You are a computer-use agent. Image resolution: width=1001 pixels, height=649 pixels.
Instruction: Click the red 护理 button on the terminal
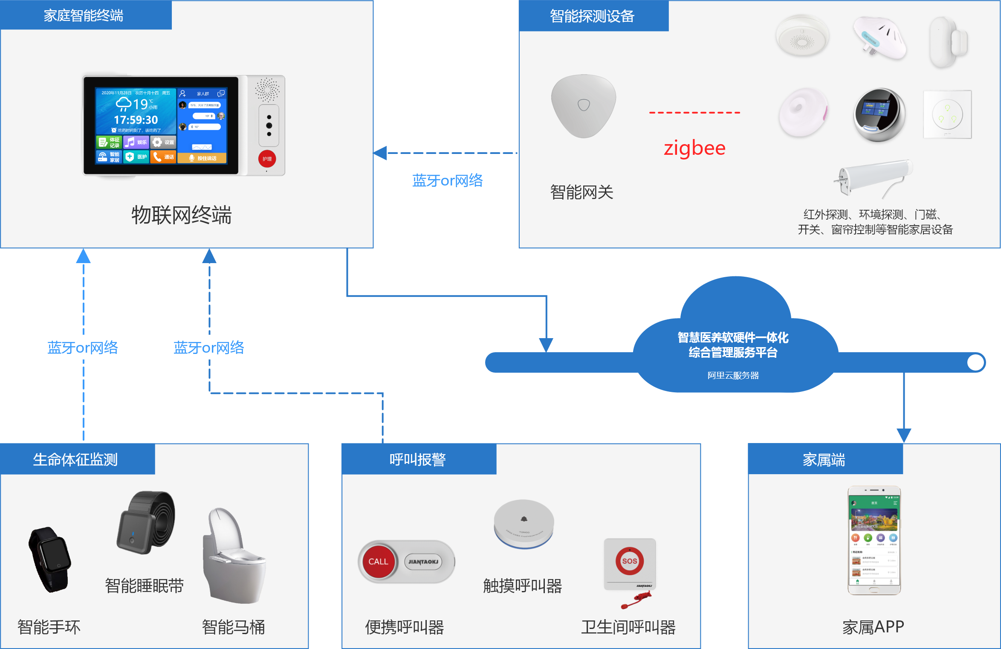click(x=267, y=159)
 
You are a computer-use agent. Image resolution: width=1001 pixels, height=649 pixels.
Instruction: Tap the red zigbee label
click(x=694, y=148)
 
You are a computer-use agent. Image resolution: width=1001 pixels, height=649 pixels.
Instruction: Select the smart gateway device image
click(x=583, y=106)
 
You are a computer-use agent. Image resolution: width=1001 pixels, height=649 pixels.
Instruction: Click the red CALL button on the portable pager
click(x=378, y=562)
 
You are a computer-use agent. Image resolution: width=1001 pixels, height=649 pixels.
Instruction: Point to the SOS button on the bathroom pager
click(x=629, y=561)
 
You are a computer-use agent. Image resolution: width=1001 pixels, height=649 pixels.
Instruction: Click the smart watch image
click(x=50, y=559)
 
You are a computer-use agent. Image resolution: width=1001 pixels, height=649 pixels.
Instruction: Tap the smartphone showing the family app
click(x=874, y=540)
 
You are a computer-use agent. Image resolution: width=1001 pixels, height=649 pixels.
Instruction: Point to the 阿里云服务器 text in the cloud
click(x=733, y=375)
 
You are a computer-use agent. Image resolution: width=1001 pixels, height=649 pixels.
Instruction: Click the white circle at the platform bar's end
click(x=975, y=362)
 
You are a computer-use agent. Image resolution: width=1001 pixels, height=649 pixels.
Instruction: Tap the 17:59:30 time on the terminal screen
click(x=136, y=120)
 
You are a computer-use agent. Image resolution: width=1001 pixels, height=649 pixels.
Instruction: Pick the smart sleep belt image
click(x=146, y=522)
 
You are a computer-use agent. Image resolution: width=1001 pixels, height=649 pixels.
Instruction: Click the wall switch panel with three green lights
click(x=947, y=114)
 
